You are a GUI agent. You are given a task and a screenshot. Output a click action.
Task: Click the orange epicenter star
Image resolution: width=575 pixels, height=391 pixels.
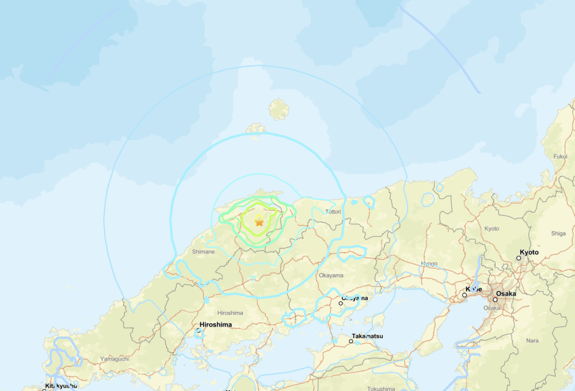coord(259,222)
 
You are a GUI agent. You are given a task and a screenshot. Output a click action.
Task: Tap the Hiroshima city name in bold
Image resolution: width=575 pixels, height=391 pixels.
coord(216,325)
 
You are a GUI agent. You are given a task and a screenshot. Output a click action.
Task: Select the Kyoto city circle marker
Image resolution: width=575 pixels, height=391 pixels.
coord(519,258)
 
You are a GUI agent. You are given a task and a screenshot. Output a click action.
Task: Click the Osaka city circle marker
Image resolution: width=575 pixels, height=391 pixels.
coord(495,300)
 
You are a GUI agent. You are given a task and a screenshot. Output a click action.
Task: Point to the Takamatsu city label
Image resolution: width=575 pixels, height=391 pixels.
coord(367,335)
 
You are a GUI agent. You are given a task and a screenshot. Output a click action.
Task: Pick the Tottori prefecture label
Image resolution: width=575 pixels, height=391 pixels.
coord(333,212)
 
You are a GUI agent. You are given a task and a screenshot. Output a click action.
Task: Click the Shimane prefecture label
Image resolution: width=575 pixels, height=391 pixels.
coord(203,252)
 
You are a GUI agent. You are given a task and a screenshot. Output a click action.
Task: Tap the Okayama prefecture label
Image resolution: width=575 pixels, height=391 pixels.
coord(330,275)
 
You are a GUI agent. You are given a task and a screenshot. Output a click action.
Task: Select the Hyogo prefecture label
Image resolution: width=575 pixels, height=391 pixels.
coord(429,263)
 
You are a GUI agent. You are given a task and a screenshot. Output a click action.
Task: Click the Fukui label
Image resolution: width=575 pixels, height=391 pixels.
coord(560,157)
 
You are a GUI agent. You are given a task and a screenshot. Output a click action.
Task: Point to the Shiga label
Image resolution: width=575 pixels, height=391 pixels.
coord(559,233)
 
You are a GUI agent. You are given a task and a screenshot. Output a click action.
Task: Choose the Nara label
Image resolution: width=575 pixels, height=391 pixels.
coord(532,341)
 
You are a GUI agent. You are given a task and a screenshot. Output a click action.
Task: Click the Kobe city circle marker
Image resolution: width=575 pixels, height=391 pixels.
coord(465,295)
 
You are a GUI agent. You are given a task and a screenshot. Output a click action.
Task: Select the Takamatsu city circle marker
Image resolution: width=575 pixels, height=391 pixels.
coord(351,341)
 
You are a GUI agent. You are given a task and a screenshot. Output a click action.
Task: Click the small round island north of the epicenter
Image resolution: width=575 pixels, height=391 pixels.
coord(279,109)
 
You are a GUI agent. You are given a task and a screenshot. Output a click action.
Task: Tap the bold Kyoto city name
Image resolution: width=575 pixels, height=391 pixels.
coord(529,252)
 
